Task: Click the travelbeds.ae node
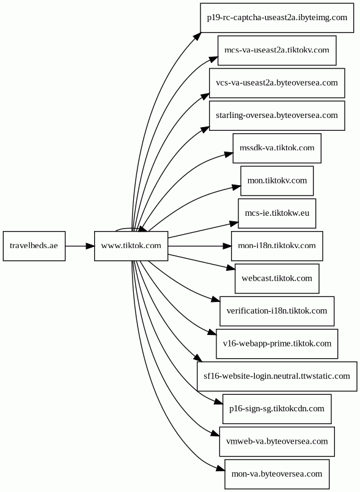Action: pyautogui.click(x=34, y=246)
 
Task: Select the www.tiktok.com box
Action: pyautogui.click(x=131, y=246)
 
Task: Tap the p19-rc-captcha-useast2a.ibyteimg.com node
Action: pyautogui.click(x=277, y=18)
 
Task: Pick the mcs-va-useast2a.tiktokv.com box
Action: pyautogui.click(x=277, y=51)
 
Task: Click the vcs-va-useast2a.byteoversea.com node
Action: pyautogui.click(x=277, y=83)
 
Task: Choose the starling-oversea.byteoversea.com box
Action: pyautogui.click(x=277, y=116)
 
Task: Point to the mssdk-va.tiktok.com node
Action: pyautogui.click(x=277, y=149)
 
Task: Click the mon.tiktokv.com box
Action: pyautogui.click(x=277, y=181)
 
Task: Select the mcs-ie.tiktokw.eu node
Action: pyautogui.click(x=277, y=214)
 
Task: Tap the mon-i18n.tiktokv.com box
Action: pyautogui.click(x=277, y=246)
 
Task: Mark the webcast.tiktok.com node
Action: pyautogui.click(x=277, y=279)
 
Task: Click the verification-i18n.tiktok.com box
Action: pyautogui.click(x=277, y=311)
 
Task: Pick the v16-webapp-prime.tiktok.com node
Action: pyautogui.click(x=277, y=344)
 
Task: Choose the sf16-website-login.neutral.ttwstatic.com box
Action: pyautogui.click(x=277, y=376)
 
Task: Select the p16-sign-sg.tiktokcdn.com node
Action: pyautogui.click(x=277, y=409)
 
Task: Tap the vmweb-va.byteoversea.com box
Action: pyautogui.click(x=277, y=442)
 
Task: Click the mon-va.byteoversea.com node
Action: pyautogui.click(x=277, y=474)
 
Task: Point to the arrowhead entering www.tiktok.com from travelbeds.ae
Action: pyautogui.click(x=90, y=246)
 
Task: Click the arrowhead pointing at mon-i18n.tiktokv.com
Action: pyautogui.click(x=227, y=246)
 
